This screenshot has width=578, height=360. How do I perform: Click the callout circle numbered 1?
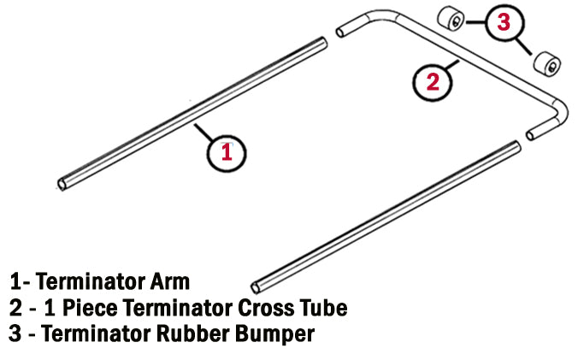point(227,154)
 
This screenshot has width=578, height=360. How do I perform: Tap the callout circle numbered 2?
point(433,82)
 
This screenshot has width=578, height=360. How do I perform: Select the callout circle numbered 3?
point(504,24)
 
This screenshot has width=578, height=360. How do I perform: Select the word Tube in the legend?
point(321,307)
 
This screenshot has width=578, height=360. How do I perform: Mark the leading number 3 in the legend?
point(15,333)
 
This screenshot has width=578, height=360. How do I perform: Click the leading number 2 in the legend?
point(15,307)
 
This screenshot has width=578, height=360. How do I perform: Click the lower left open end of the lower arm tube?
point(257,285)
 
